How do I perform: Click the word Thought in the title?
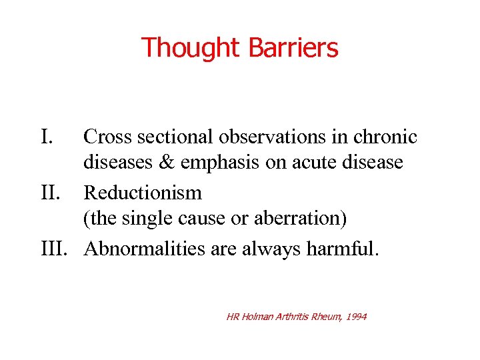[x=190, y=48]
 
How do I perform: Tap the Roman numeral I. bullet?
[x=47, y=137]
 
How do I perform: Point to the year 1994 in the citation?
[x=355, y=317]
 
